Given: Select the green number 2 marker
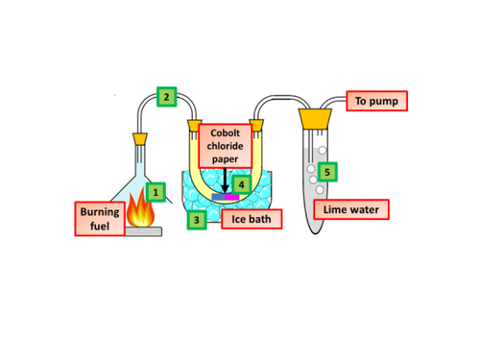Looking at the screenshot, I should pos(166,96).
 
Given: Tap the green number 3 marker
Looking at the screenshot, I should pos(196,220).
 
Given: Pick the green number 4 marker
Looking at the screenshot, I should pos(242,184).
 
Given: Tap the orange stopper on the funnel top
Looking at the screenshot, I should pos(140,138).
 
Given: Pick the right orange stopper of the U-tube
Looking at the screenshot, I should pos(256,127).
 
